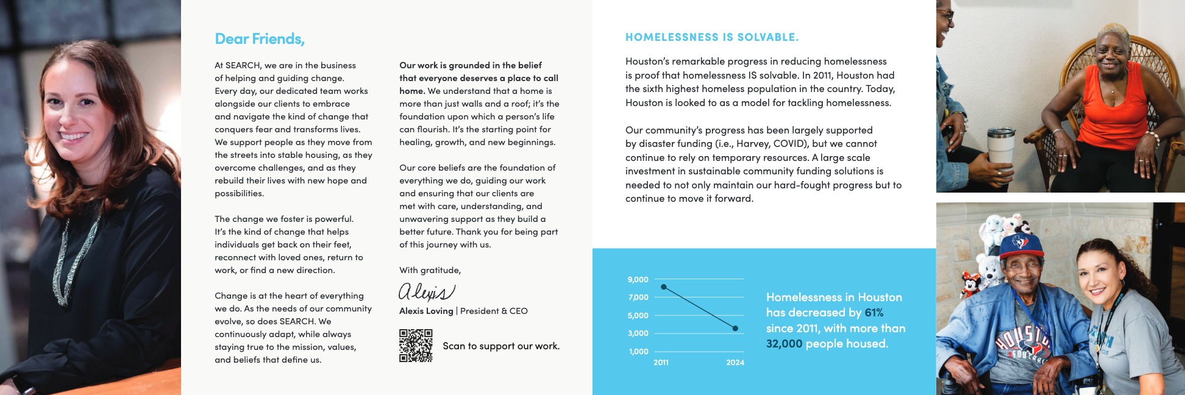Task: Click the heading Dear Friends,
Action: coord(259,39)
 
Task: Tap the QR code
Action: coord(416,346)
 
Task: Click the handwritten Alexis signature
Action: coord(426,292)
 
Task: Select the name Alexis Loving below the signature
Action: coord(426,311)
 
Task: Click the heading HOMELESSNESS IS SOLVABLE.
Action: coord(711,37)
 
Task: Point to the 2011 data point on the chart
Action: coord(664,287)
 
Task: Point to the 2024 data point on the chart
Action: coord(735,329)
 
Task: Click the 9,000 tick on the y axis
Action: coord(638,280)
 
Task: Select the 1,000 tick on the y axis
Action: coord(638,352)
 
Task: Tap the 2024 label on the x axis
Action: coord(735,363)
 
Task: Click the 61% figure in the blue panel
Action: coord(874,313)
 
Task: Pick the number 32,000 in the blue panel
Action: coord(784,344)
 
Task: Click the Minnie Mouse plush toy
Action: coord(970,286)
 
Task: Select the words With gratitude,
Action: coord(430,270)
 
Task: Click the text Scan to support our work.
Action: coord(500,346)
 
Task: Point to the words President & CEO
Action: coord(494,311)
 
